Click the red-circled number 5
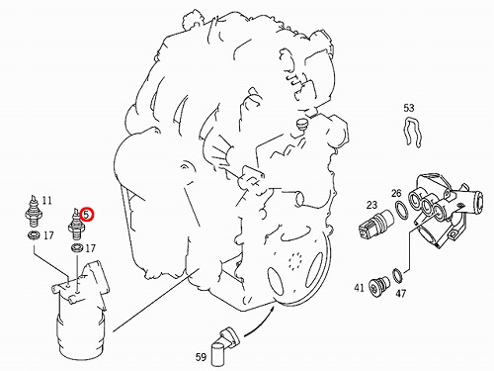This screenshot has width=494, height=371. tap(87, 215)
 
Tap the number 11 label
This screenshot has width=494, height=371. tap(46, 200)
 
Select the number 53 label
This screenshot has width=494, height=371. tap(409, 108)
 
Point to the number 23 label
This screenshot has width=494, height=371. tap(371, 205)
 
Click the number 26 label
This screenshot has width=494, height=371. tap(397, 193)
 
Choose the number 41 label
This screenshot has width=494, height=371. tap(359, 288)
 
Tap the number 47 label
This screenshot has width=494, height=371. tap(400, 293)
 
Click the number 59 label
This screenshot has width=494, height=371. tap(201, 356)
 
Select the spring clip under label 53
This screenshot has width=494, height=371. tap(412, 132)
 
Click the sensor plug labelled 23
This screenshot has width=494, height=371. tap(376, 225)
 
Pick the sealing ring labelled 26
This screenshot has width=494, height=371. tap(401, 210)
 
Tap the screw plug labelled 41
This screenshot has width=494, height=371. tap(378, 286)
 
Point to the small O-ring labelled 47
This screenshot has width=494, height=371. tap(397, 275)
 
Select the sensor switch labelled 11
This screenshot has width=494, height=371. tap(33, 212)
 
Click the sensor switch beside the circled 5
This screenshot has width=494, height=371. tap(76, 224)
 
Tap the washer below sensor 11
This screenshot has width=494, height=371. tap(34, 235)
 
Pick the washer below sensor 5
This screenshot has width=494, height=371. tap(77, 247)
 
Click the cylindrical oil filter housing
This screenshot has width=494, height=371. tap(80, 311)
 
